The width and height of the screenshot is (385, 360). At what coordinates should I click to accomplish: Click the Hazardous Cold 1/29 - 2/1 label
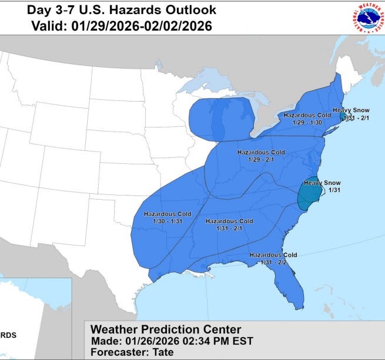(261, 156)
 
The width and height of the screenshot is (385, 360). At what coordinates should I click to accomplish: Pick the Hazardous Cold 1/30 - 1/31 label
(168, 217)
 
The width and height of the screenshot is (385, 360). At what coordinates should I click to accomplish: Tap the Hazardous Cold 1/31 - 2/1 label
(229, 224)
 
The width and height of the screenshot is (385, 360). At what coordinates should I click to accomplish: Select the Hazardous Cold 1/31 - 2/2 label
(273, 258)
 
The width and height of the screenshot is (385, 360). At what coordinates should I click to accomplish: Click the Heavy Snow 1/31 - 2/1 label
(351, 114)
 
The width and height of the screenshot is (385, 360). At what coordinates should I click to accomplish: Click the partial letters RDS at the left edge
(8, 335)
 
